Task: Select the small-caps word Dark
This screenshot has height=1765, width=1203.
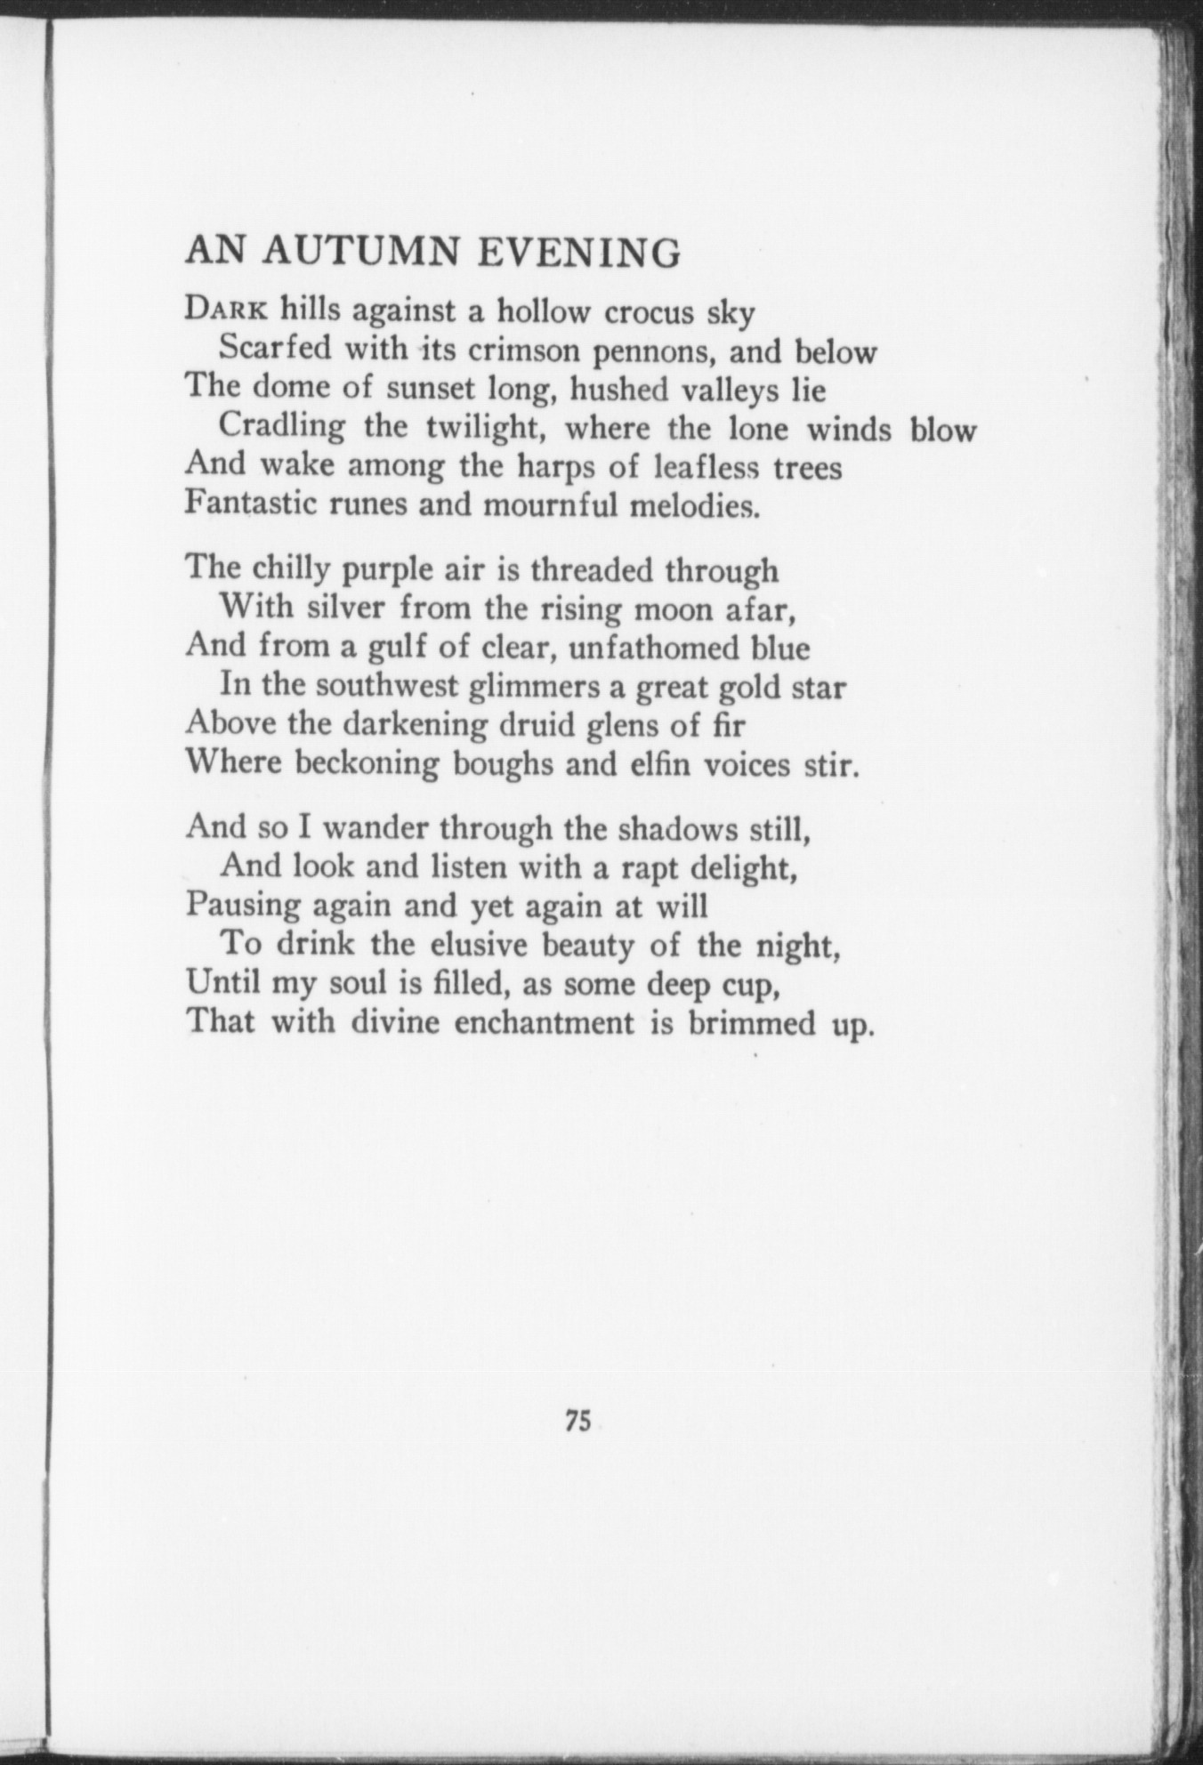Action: click(226, 310)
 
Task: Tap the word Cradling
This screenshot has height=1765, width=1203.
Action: click(282, 428)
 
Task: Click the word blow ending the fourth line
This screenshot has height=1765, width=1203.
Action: click(943, 430)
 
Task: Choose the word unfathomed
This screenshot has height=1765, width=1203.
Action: click(653, 647)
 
